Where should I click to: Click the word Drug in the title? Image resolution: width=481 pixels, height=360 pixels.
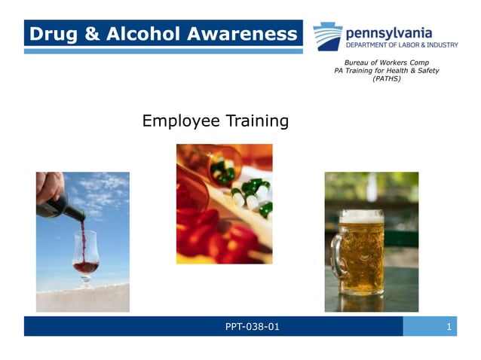coord(51,34)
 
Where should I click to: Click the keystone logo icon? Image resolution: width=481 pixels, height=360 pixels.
coord(327,36)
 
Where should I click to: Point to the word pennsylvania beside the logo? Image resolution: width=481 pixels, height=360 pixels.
coord(388,32)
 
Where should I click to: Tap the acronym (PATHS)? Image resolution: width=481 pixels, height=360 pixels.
coord(386,78)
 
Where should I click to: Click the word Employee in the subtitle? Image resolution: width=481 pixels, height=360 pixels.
coord(179,121)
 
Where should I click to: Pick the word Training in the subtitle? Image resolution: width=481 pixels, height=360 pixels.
coord(255,121)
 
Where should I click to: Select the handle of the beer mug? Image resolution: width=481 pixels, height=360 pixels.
coord(337,260)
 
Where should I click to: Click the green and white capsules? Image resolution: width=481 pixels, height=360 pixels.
coord(253,194)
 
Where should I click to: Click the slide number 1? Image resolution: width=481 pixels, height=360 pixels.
coord(449,326)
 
